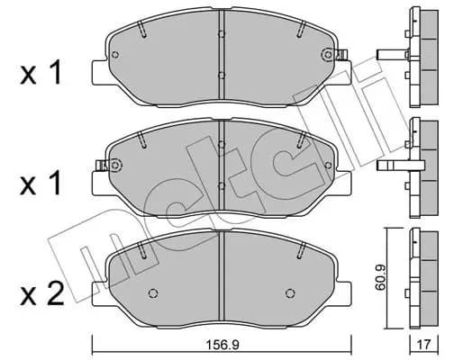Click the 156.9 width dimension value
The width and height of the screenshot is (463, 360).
tap(222, 345)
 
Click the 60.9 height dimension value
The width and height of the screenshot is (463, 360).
tap(380, 277)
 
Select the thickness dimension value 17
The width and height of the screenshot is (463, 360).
tap(424, 345)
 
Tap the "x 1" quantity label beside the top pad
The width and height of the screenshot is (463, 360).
tap(41, 72)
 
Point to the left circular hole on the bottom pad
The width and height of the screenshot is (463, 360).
tap(153, 293)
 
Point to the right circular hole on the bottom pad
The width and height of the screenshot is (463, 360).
tap(290, 293)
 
